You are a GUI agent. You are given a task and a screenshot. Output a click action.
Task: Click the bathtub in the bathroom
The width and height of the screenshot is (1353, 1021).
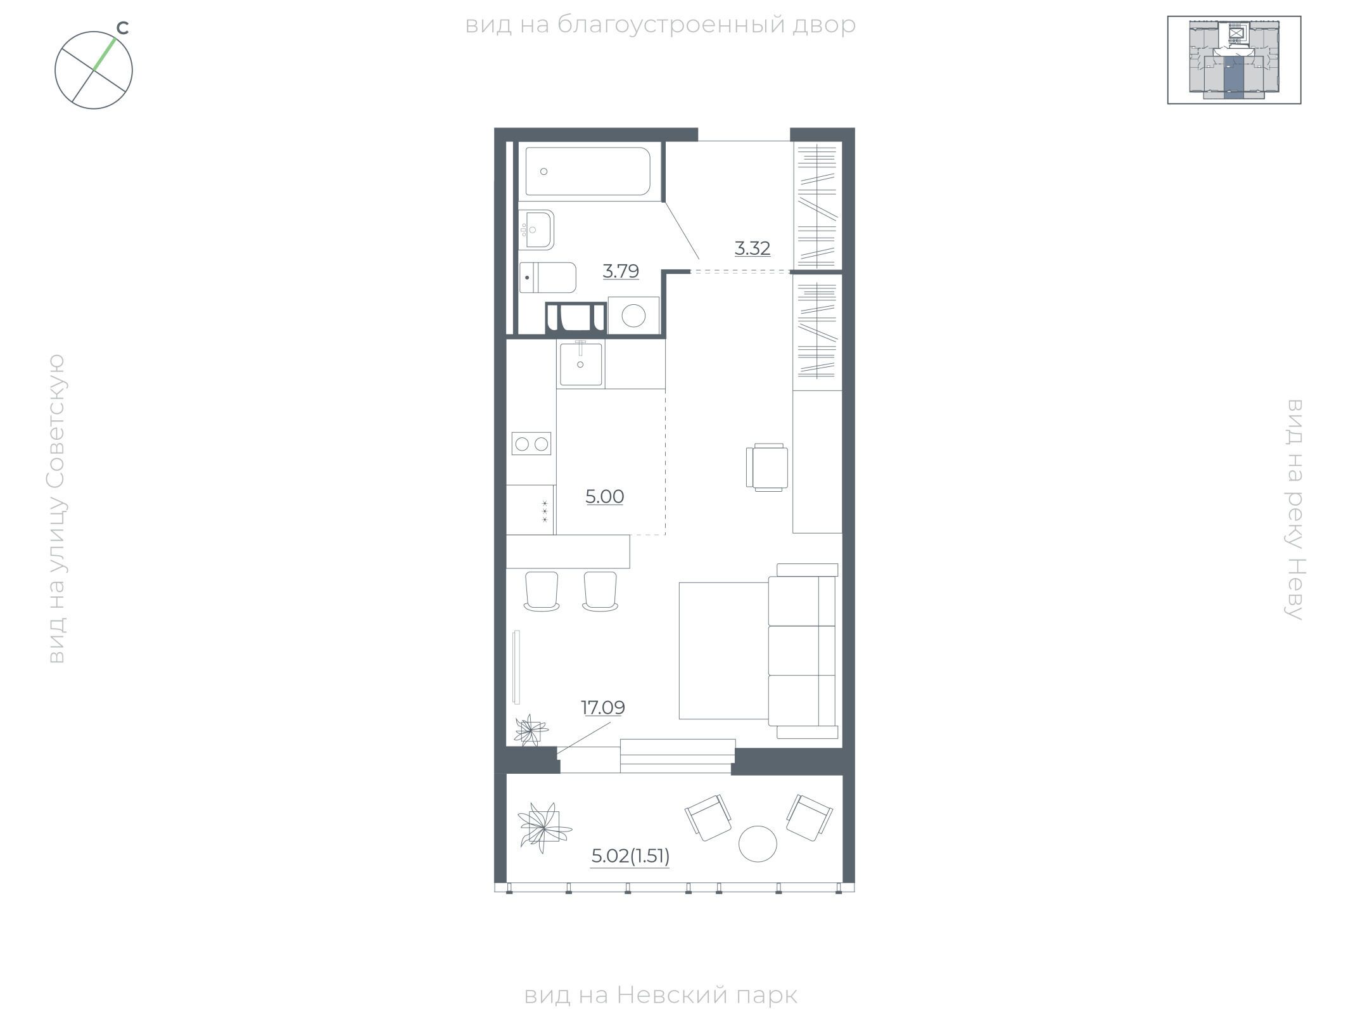(588, 171)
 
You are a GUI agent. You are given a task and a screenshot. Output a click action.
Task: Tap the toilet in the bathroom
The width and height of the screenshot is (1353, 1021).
(548, 278)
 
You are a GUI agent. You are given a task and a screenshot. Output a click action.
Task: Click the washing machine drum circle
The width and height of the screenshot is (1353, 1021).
(633, 315)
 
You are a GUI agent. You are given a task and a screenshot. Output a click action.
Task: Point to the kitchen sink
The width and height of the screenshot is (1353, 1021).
(581, 364)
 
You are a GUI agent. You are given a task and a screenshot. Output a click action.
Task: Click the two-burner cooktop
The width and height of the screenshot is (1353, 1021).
(531, 444)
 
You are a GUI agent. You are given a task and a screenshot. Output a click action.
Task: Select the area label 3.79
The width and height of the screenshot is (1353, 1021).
(621, 271)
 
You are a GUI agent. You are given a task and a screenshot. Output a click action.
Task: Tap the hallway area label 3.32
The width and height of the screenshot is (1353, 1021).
(753, 248)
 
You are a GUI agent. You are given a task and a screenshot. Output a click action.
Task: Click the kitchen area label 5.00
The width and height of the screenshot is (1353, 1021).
(605, 497)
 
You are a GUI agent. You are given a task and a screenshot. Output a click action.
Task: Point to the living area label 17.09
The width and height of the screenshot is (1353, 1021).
(603, 707)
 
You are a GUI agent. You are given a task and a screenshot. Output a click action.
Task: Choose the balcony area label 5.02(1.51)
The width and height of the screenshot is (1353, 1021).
(630, 857)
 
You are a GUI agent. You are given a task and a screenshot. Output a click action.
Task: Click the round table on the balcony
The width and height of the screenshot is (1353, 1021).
(758, 844)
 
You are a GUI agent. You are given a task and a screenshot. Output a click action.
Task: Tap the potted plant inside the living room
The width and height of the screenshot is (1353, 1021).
(530, 730)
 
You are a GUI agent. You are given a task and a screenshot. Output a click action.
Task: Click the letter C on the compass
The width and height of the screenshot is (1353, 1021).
(123, 28)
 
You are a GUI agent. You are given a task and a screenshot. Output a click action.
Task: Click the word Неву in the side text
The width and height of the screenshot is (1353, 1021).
(1294, 589)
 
